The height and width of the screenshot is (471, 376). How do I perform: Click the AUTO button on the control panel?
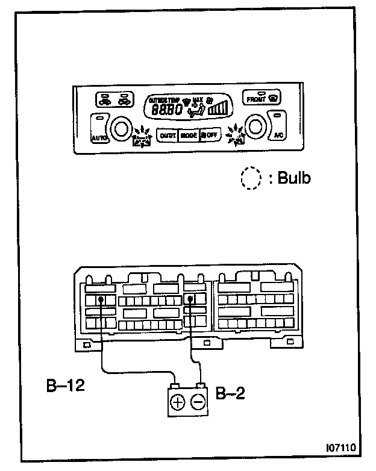[x=99, y=137]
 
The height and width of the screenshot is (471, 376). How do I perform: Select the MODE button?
[x=189, y=136]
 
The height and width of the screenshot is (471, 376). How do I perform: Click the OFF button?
[x=210, y=136]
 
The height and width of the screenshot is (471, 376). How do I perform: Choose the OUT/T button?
[x=167, y=136]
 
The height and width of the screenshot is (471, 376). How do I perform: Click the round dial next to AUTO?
[x=120, y=128]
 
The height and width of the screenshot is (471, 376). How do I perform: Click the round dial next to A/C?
[x=256, y=127]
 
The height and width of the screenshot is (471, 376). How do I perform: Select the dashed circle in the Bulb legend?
[x=249, y=179]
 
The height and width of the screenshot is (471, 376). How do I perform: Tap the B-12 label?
[x=65, y=385]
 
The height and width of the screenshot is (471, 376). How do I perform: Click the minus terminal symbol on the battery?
[x=198, y=402]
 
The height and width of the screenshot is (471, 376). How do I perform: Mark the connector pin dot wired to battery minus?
[x=191, y=299]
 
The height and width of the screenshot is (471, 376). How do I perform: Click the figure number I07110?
[x=340, y=448]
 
